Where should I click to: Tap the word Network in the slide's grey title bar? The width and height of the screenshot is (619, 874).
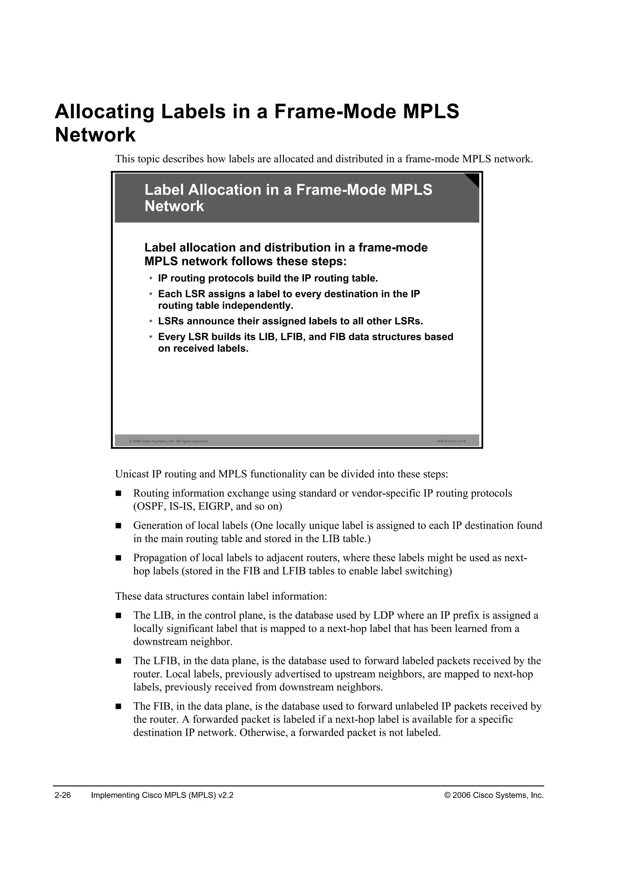pos(174,206)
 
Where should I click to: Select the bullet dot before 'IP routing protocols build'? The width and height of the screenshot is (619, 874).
pos(151,278)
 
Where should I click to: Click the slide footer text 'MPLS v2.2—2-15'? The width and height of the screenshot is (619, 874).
pos(452,442)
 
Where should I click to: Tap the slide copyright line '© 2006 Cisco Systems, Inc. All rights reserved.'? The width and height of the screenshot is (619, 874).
pos(168,442)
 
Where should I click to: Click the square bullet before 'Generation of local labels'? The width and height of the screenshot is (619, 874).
pos(118,526)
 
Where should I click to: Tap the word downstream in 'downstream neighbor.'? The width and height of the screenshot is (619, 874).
pos(160,642)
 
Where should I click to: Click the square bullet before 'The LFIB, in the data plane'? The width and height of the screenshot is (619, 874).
pos(118,661)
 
